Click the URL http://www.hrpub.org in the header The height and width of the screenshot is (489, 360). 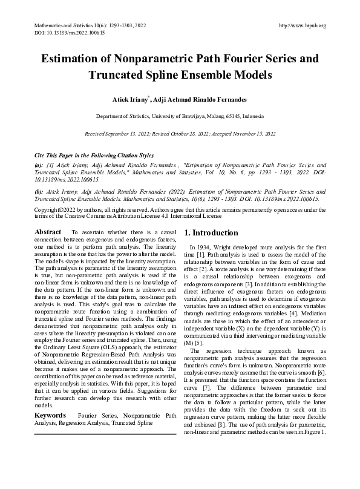(303, 25)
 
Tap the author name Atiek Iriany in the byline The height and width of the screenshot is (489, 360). (129, 98)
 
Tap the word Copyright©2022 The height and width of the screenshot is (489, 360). (53, 209)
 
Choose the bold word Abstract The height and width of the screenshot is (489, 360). (48, 232)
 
